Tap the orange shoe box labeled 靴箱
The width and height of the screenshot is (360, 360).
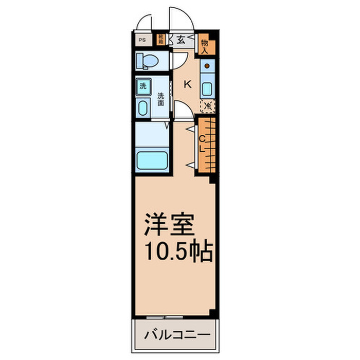click(x=161, y=38)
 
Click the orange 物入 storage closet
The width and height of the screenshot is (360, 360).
click(x=205, y=45)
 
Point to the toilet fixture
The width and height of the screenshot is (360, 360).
click(x=146, y=61)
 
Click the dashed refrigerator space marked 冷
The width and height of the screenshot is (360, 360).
click(x=207, y=106)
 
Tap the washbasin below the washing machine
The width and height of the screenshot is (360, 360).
click(x=143, y=107)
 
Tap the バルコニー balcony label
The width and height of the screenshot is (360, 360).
click(x=176, y=335)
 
